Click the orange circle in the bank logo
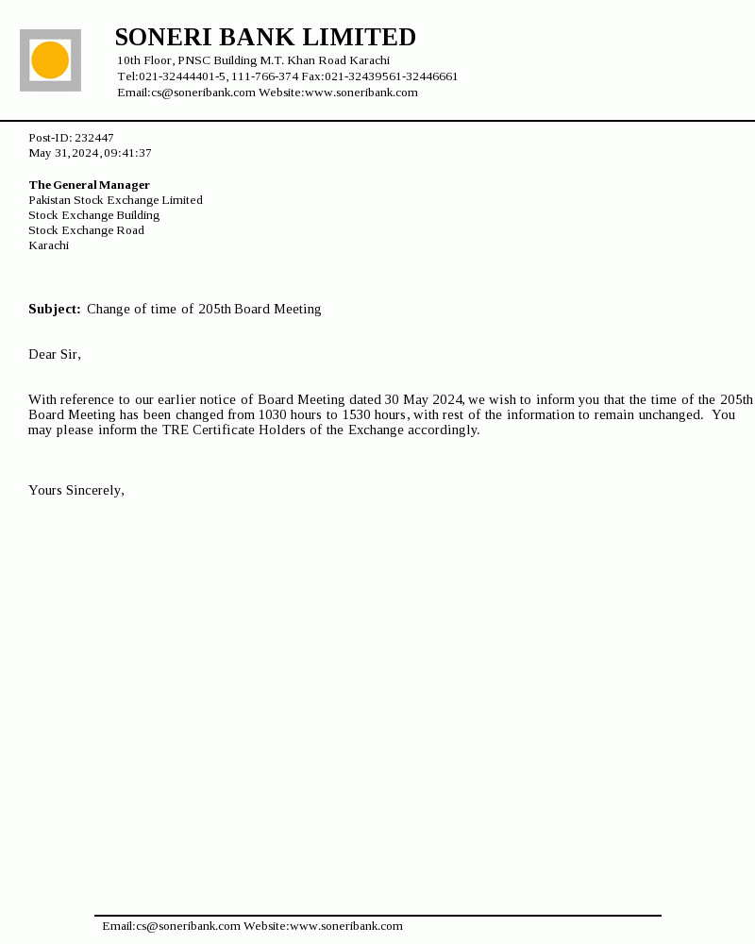click(50, 60)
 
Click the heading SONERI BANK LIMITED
click(265, 38)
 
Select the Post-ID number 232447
click(94, 138)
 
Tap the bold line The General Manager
click(89, 185)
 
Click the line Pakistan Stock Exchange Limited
click(115, 200)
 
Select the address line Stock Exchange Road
click(86, 230)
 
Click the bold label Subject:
click(55, 310)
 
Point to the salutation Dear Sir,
click(55, 355)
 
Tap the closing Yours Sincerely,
click(76, 491)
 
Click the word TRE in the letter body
click(175, 430)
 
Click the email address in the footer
click(171, 926)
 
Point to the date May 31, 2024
click(64, 153)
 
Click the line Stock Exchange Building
click(93, 215)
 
